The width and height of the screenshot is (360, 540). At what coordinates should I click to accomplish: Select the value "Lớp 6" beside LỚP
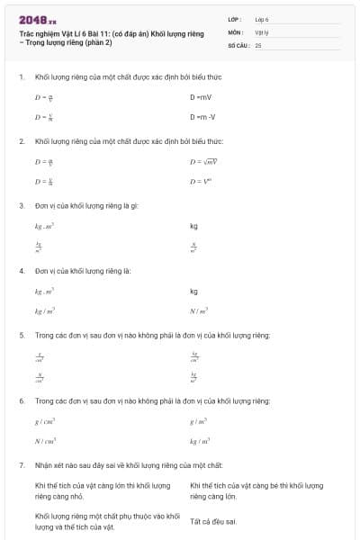tap(263, 18)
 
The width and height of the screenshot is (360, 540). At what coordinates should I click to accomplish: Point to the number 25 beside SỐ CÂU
tap(258, 43)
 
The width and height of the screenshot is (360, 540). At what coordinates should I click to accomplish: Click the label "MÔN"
tap(236, 31)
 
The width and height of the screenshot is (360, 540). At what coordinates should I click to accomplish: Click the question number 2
tap(22, 141)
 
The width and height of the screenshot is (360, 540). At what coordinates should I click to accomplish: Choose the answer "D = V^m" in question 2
tap(199, 182)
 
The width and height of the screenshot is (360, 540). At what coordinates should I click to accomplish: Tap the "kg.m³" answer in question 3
tap(44, 226)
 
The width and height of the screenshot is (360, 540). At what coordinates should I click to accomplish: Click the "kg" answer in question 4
tap(193, 291)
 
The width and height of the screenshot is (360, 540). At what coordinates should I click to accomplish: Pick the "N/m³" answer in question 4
tap(199, 311)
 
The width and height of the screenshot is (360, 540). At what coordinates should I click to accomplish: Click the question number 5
tap(22, 335)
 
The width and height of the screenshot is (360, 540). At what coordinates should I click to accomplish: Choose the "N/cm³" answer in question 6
tap(46, 441)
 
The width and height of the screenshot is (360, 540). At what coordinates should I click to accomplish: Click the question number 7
tap(22, 464)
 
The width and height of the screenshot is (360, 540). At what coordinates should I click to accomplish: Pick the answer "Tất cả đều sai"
tap(213, 521)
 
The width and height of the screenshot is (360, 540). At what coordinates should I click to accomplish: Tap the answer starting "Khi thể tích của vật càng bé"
tap(256, 490)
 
